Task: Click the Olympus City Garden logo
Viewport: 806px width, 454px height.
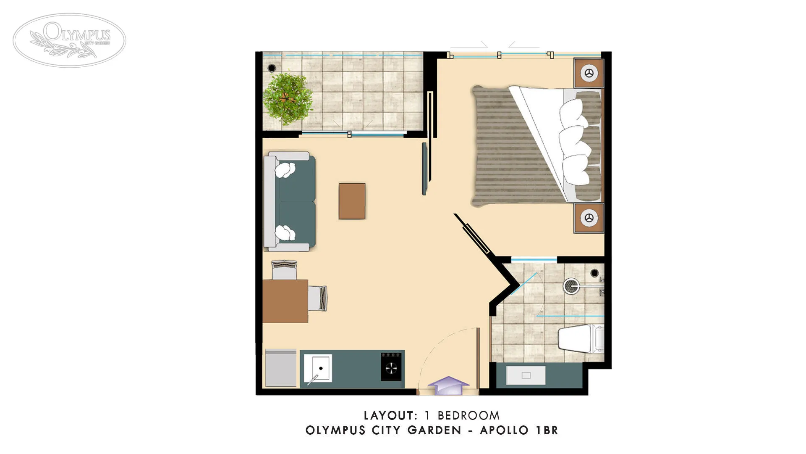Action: click(69, 40)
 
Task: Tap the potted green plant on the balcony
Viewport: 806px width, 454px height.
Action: click(288, 98)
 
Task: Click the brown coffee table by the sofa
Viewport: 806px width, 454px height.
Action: click(352, 201)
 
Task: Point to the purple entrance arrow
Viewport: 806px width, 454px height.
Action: click(448, 385)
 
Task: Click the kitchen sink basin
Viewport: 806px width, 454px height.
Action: click(318, 368)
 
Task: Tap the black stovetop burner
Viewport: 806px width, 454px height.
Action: click(391, 367)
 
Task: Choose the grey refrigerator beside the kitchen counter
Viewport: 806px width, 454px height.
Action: click(281, 368)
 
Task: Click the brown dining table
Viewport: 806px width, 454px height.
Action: click(285, 301)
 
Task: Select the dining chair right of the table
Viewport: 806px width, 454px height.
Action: click(317, 298)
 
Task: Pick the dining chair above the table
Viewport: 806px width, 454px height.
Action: click(284, 269)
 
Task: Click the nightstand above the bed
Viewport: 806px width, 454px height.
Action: click(589, 73)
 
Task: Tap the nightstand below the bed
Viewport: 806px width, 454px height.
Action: click(589, 218)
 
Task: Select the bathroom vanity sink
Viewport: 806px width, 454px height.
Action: click(526, 375)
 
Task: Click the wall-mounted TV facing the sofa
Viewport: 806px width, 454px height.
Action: click(424, 169)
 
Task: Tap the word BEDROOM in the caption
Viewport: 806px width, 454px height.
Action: click(468, 416)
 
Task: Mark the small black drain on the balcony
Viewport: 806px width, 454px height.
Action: click(272, 68)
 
